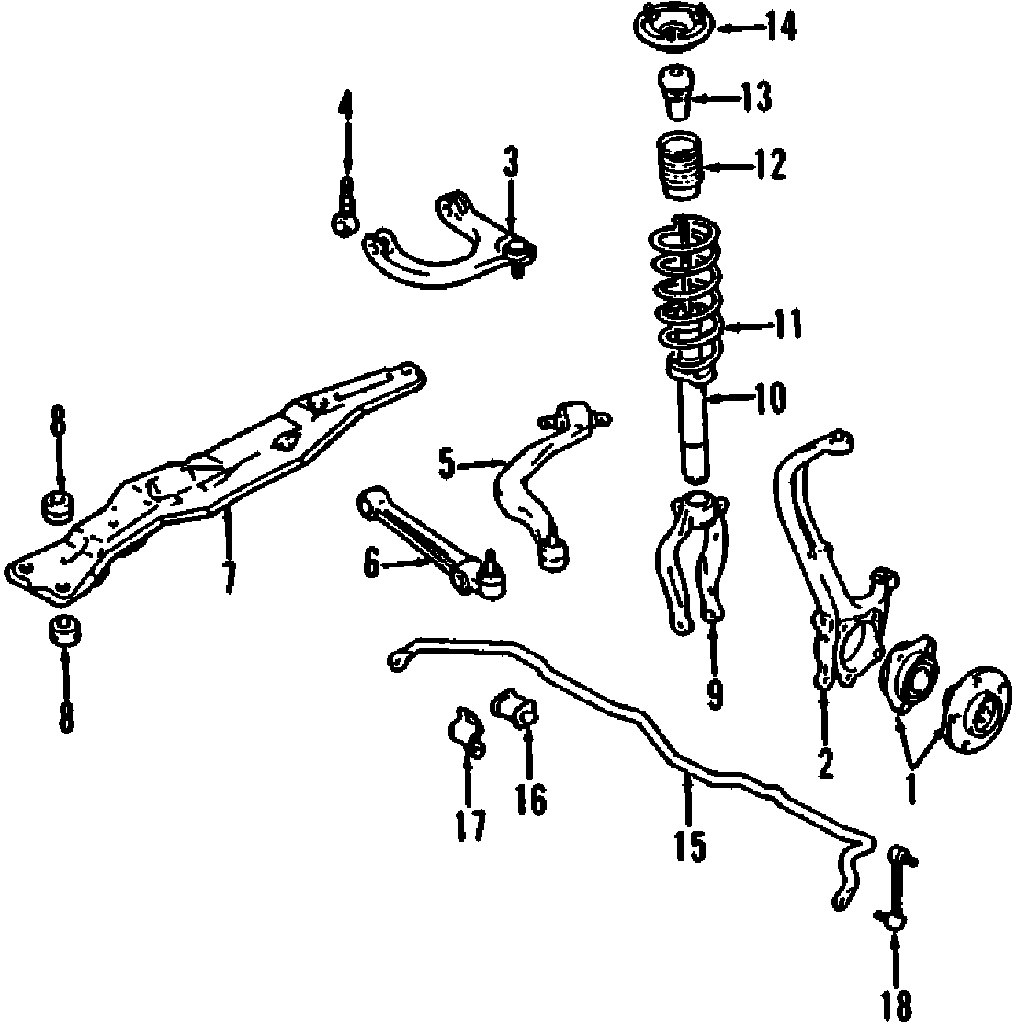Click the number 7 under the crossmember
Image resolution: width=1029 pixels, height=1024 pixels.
click(x=228, y=575)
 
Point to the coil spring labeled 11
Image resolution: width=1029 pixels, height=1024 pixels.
click(x=687, y=294)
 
